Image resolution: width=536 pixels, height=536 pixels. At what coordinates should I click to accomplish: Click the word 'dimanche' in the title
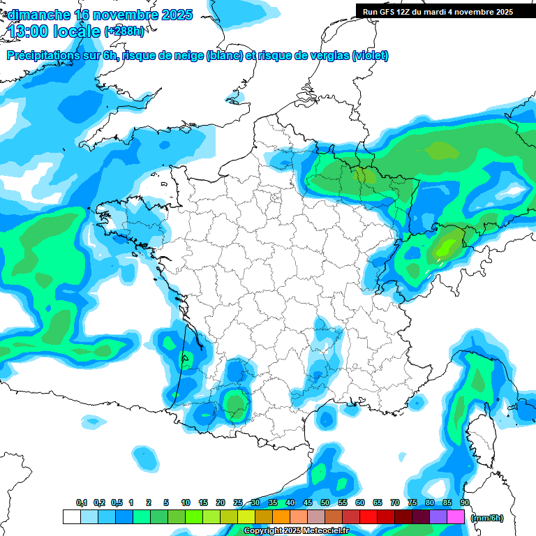(x=37, y=15)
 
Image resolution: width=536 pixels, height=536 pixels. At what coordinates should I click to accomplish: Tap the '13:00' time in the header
(x=30, y=31)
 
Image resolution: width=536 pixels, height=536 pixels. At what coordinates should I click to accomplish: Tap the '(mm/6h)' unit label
(x=487, y=518)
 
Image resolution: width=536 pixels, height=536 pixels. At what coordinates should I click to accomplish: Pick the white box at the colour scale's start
(x=71, y=517)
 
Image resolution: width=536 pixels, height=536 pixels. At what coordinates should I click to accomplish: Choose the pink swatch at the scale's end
(x=456, y=517)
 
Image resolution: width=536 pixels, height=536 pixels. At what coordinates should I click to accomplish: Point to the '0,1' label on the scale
(x=82, y=502)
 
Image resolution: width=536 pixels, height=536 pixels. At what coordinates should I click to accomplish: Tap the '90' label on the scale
(x=465, y=502)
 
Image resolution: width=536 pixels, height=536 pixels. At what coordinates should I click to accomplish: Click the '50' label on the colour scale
(x=325, y=502)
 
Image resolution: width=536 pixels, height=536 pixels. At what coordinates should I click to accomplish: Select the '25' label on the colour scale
(x=238, y=502)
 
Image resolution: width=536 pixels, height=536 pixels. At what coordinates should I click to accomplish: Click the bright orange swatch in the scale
(x=281, y=517)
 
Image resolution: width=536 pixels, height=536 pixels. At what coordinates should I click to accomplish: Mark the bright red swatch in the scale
(x=368, y=517)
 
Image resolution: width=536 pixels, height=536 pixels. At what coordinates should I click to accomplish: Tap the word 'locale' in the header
(x=77, y=31)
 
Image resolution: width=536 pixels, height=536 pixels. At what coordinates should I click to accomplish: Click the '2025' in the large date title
(x=177, y=15)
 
